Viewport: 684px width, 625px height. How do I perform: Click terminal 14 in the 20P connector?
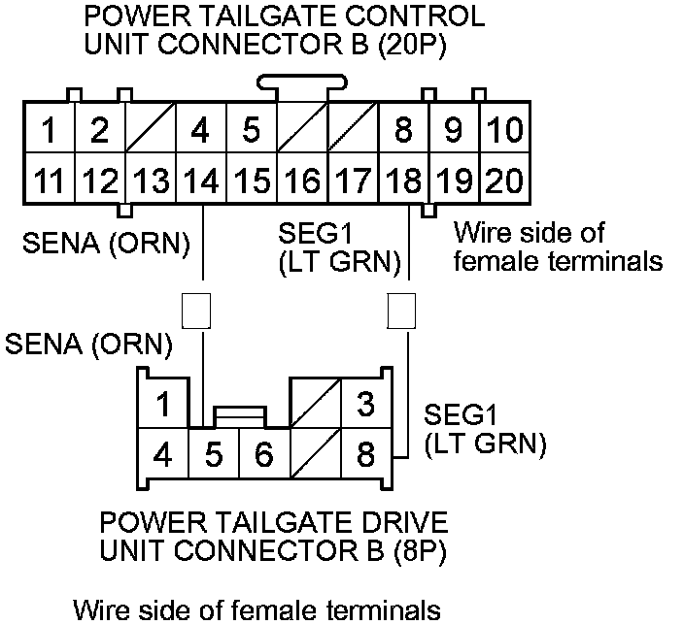[x=200, y=179]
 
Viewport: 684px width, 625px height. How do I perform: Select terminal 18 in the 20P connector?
[x=402, y=179]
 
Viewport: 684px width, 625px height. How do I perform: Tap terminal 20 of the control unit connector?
[x=503, y=179]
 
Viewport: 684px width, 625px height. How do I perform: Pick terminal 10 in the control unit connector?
[x=503, y=129]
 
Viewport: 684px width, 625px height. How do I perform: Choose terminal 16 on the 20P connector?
[x=302, y=179]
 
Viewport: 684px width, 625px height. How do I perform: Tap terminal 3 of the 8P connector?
[x=365, y=404]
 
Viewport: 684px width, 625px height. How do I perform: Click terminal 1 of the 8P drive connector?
[x=165, y=404]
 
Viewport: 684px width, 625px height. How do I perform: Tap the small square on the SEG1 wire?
[x=401, y=310]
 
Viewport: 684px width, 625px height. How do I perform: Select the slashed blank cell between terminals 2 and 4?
[x=150, y=129]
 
